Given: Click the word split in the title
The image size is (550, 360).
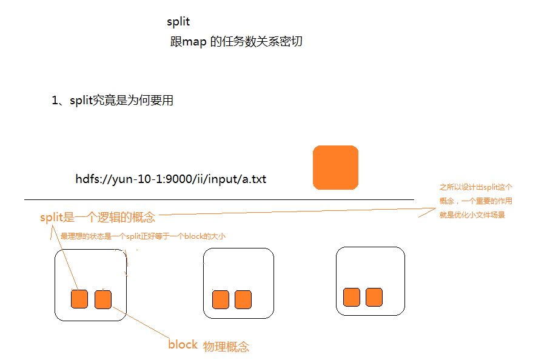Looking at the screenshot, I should point(178,22).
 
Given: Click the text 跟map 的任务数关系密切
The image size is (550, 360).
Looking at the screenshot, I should point(236,42).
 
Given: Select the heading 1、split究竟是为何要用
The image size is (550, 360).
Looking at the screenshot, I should point(113,101).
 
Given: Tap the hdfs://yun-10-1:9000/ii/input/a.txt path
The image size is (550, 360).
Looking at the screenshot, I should point(171,179).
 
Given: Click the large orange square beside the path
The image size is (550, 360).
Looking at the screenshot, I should point(335,167).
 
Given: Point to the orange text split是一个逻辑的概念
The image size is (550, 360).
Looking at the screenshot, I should point(98,218).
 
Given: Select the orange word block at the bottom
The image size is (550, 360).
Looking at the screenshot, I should point(183,345).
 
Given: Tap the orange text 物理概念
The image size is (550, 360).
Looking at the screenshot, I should point(226,347).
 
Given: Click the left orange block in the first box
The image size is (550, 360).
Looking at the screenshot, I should point(79,299).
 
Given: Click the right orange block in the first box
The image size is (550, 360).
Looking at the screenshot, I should point(103,299).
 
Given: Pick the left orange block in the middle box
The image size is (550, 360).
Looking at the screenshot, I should point(221,299).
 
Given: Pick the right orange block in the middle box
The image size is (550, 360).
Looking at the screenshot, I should point(243,299).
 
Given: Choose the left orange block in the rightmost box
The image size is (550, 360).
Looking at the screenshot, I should point(352,297).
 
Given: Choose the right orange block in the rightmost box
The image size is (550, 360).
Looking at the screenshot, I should point(374,297).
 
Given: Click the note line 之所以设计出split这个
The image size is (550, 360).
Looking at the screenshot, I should point(476,188).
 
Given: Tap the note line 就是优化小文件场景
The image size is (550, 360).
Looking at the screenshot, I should point(472,215).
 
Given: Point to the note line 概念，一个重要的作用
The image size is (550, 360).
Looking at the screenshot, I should point(475,201).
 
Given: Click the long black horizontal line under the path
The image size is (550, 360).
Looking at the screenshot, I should point(218,199).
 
